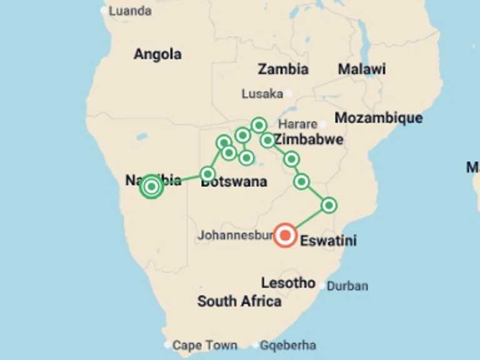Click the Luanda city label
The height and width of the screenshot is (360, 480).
[x=130, y=11]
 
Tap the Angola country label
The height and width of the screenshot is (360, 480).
[x=157, y=54]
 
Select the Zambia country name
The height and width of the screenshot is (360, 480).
[x=283, y=69]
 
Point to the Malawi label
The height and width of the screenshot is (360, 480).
[x=362, y=69]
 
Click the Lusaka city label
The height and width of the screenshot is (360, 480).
[x=262, y=94]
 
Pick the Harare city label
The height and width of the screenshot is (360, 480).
[x=297, y=124]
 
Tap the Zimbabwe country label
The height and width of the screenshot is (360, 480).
[x=309, y=139]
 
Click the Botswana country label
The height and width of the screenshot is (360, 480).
[x=234, y=182]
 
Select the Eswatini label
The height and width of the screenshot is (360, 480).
[x=328, y=241]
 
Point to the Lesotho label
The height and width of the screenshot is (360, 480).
[x=288, y=282]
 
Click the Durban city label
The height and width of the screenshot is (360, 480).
[x=347, y=286]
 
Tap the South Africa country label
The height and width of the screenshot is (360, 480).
[x=239, y=301]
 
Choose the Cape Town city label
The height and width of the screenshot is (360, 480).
[x=204, y=345]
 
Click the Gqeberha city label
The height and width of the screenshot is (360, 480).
[x=288, y=345]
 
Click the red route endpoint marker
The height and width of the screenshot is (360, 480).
[x=286, y=236]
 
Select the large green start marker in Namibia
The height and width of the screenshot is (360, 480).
[x=151, y=186]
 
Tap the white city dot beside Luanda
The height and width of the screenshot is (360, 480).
[x=104, y=11]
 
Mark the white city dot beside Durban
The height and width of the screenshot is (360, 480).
[x=322, y=286]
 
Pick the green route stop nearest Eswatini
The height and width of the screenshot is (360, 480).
[x=329, y=205]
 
